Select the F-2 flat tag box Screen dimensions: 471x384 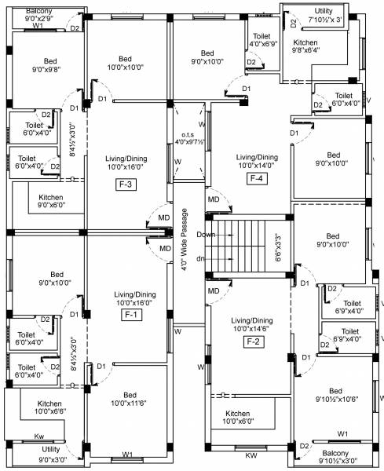[x=253, y=341]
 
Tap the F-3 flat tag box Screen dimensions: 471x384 [x=126, y=185]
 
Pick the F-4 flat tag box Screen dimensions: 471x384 [x=257, y=178]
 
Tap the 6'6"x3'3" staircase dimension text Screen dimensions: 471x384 [x=276, y=247]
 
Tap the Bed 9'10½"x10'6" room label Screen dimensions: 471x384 [x=336, y=396]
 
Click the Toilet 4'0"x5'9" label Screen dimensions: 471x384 [x=261, y=40]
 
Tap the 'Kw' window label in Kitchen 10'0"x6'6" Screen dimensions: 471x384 [x=38, y=436]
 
